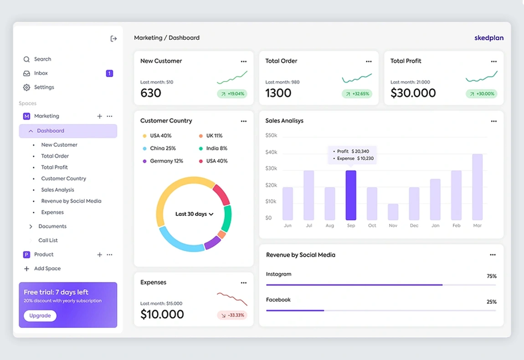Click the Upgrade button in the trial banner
pyautogui.click(x=40, y=316)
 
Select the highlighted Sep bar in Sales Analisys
pyautogui.click(x=351, y=195)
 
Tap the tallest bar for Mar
pyautogui.click(x=477, y=187)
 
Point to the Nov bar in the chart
pyautogui.click(x=393, y=212)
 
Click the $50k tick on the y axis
pyautogui.click(x=271, y=135)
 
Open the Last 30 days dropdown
pyautogui.click(x=194, y=214)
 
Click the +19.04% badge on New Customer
pyautogui.click(x=232, y=94)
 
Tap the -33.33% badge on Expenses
pyautogui.click(x=232, y=315)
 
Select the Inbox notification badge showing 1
pyautogui.click(x=109, y=73)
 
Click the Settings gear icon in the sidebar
pyautogui.click(x=26, y=87)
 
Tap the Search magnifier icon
pyautogui.click(x=26, y=59)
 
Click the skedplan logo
pyautogui.click(x=489, y=38)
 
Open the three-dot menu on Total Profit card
pyautogui.click(x=493, y=62)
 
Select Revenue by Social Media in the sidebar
pyautogui.click(x=71, y=201)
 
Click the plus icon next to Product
pyautogui.click(x=99, y=255)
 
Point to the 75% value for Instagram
pyautogui.click(x=491, y=276)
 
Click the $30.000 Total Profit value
pyautogui.click(x=413, y=93)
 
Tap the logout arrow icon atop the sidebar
pyautogui.click(x=113, y=39)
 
